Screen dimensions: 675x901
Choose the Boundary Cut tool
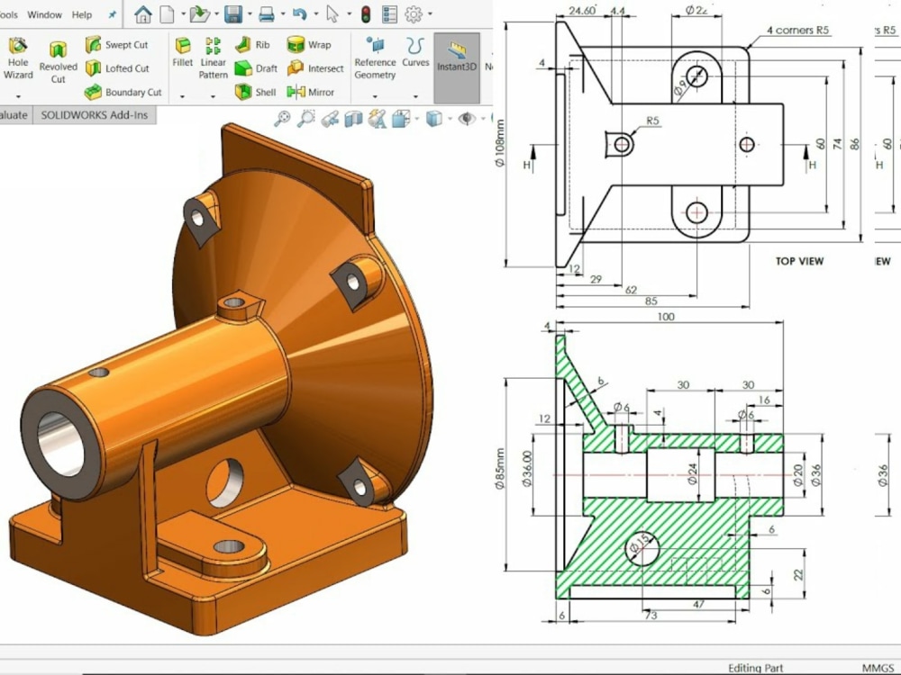coord(123,92)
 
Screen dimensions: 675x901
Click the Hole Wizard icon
coord(18,58)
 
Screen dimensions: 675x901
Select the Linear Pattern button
coord(214,58)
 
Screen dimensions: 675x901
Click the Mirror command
coord(310,92)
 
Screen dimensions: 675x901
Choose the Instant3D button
coord(456,58)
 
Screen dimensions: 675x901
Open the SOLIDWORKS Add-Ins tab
coord(95,115)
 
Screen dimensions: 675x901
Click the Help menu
coord(82,15)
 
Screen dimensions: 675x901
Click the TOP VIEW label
coord(799,262)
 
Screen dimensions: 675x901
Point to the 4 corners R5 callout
coord(797,31)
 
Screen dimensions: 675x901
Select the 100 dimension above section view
coord(666,317)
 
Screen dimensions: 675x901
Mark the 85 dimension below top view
coord(651,301)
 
